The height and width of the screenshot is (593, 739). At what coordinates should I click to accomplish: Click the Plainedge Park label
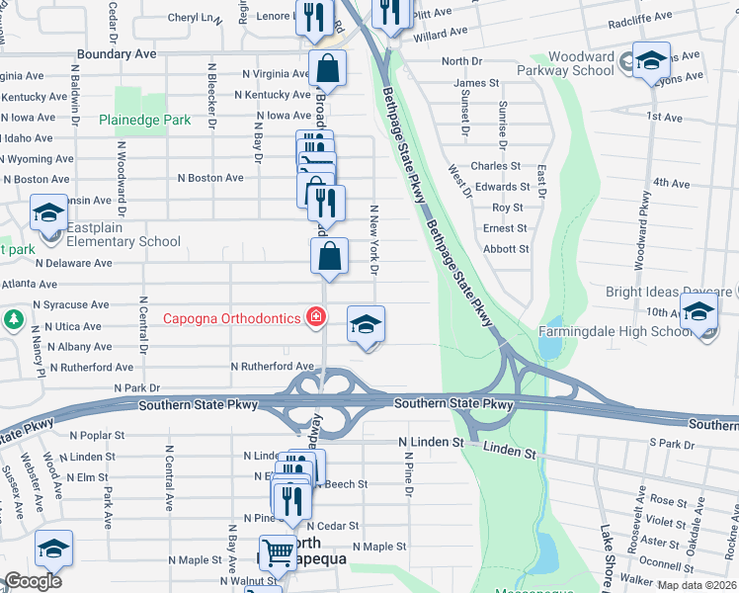[144, 120]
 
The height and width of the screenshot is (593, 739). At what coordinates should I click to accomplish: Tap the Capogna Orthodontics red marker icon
[315, 317]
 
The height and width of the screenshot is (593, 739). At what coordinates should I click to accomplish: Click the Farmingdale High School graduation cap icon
[699, 314]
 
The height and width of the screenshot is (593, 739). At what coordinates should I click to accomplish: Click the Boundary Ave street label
[117, 54]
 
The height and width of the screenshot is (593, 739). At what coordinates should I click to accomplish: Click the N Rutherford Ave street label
[272, 367]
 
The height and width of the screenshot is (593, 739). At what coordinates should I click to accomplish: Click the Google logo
[33, 581]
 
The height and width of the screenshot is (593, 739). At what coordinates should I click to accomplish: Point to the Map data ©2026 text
[698, 585]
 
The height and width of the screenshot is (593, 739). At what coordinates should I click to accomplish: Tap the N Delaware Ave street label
[74, 264]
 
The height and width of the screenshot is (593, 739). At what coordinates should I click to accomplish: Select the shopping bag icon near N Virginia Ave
[327, 69]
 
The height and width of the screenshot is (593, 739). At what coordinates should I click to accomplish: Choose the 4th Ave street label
[671, 184]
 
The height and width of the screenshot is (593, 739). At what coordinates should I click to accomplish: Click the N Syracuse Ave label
[70, 305]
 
